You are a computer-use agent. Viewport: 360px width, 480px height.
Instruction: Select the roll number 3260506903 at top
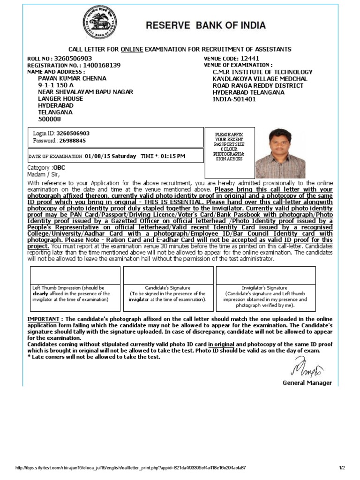[73, 59]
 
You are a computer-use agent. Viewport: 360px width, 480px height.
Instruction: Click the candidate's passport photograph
[280, 153]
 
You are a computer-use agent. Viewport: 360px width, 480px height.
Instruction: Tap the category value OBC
[59, 167]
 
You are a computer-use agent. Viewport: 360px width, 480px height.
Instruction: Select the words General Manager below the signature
[307, 383]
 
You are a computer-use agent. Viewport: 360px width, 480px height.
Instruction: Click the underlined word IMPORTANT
[43, 319]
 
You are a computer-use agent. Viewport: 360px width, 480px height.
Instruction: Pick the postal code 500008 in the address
[49, 119]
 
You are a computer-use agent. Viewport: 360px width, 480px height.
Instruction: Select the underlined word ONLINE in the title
[132, 49]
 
